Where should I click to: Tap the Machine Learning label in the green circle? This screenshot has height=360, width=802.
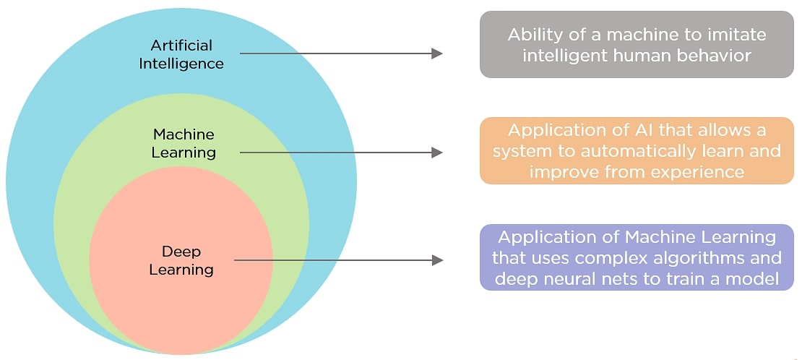[184, 143]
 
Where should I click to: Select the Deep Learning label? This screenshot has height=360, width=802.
[181, 260]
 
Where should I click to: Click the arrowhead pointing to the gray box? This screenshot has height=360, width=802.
[436, 53]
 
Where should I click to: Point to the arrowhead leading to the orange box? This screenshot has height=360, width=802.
[436, 152]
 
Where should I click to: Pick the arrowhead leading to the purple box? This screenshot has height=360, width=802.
[436, 260]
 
